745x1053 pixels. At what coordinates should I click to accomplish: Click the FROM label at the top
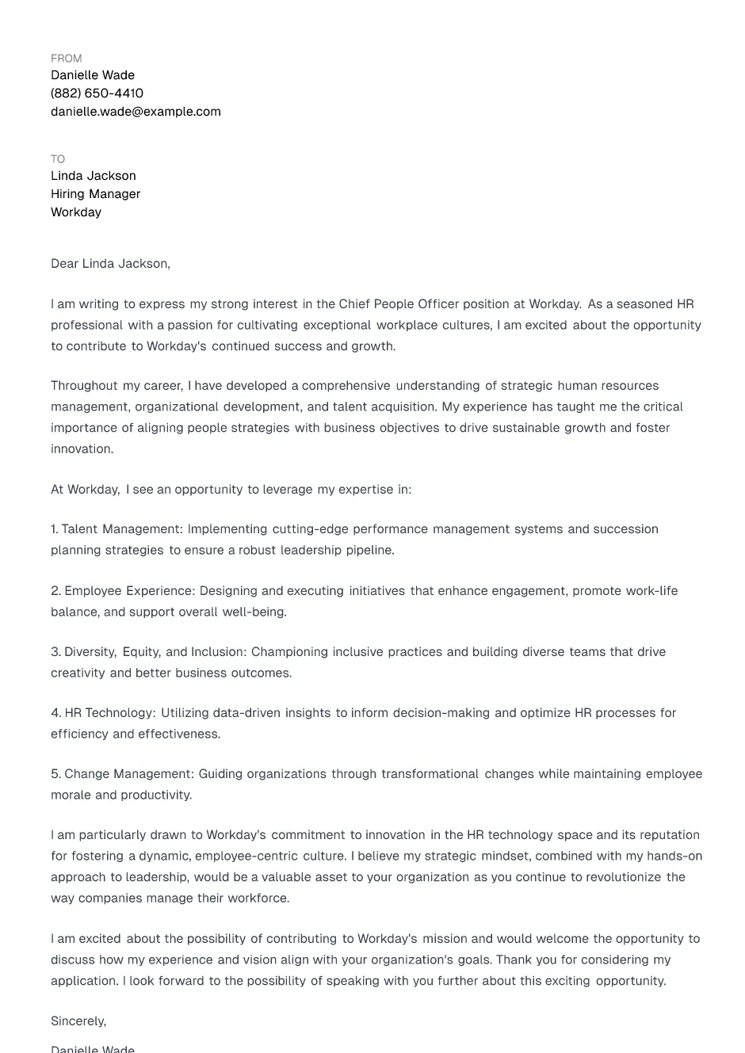66,59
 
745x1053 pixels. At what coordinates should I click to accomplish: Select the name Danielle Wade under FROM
93,75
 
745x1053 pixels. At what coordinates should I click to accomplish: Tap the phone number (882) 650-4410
97,93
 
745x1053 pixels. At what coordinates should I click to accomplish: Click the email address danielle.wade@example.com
136,112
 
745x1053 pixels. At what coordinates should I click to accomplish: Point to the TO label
58,159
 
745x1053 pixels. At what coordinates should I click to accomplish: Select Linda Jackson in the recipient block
94,176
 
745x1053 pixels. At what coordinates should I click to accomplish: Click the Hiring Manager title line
95,194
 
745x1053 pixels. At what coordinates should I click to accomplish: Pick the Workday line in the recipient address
76,212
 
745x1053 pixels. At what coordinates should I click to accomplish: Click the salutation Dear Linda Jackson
110,264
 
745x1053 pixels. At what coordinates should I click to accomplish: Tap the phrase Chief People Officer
399,304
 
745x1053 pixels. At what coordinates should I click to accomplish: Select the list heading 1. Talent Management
117,529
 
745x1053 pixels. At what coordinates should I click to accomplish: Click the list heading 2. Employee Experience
122,591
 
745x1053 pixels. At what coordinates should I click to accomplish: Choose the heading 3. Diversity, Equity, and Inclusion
148,652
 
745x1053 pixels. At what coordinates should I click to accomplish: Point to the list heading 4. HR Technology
103,713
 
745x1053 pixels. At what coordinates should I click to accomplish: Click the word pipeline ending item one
369,551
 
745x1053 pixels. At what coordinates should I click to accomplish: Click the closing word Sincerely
78,1021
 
